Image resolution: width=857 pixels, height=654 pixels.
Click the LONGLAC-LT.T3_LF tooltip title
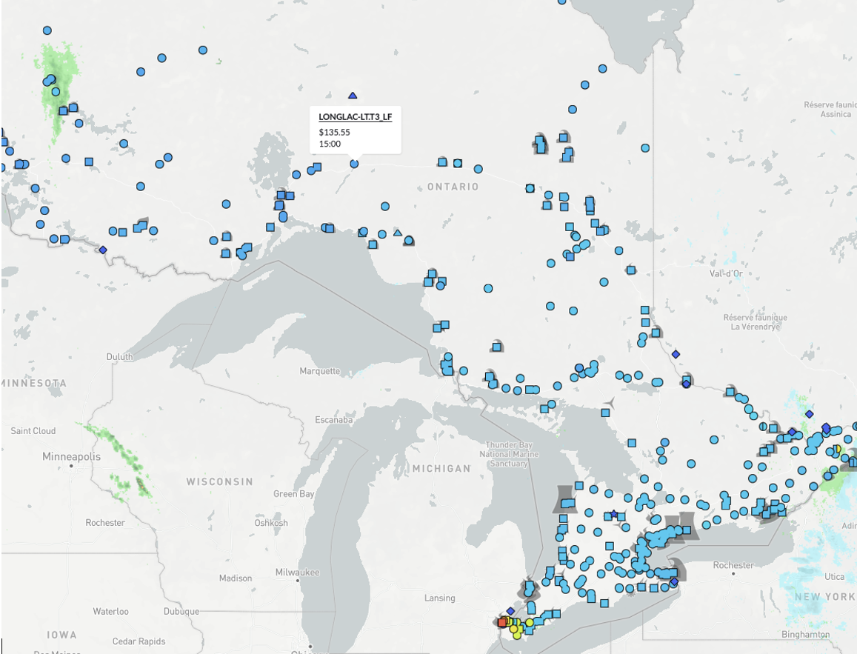[x=355, y=117]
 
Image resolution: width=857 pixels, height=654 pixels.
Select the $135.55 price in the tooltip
[x=335, y=132]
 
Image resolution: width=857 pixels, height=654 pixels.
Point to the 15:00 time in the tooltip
[x=330, y=144]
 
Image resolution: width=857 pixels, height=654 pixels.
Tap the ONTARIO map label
[x=453, y=187]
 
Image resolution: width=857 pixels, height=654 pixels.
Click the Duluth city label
[x=119, y=356]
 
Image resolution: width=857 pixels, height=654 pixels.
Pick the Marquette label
[x=320, y=371]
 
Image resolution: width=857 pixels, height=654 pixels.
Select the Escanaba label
[x=333, y=420]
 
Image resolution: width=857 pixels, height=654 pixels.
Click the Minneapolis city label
[x=71, y=456]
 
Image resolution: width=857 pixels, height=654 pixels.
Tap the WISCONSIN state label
[x=219, y=481]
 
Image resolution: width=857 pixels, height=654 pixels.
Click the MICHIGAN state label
[x=441, y=469]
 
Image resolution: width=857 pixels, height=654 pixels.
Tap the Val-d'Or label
[x=726, y=273]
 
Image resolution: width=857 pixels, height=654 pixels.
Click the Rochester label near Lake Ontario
[x=733, y=565]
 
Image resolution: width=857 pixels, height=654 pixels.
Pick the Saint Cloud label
[x=33, y=430]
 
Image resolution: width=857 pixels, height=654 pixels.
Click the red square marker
[x=503, y=622]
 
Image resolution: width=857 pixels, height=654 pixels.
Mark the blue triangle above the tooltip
[x=353, y=96]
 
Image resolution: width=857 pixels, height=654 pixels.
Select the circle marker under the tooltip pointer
[x=354, y=164]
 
